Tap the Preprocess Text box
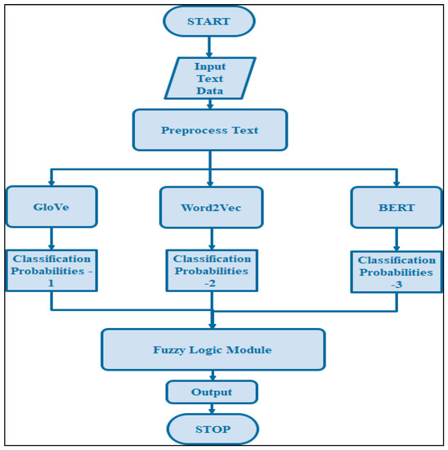[210, 131]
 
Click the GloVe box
[52, 208]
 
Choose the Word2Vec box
[212, 208]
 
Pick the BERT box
[396, 208]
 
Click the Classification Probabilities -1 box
[52, 271]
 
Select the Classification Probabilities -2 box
[212, 271]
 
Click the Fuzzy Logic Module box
[213, 350]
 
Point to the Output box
[212, 392]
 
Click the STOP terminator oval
[212, 429]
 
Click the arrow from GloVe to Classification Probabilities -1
[52, 239]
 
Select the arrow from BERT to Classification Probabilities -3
[396, 241]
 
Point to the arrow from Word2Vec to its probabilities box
[212, 239]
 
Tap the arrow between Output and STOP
[212, 408]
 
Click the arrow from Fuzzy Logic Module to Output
[212, 376]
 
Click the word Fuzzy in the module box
[170, 350]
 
